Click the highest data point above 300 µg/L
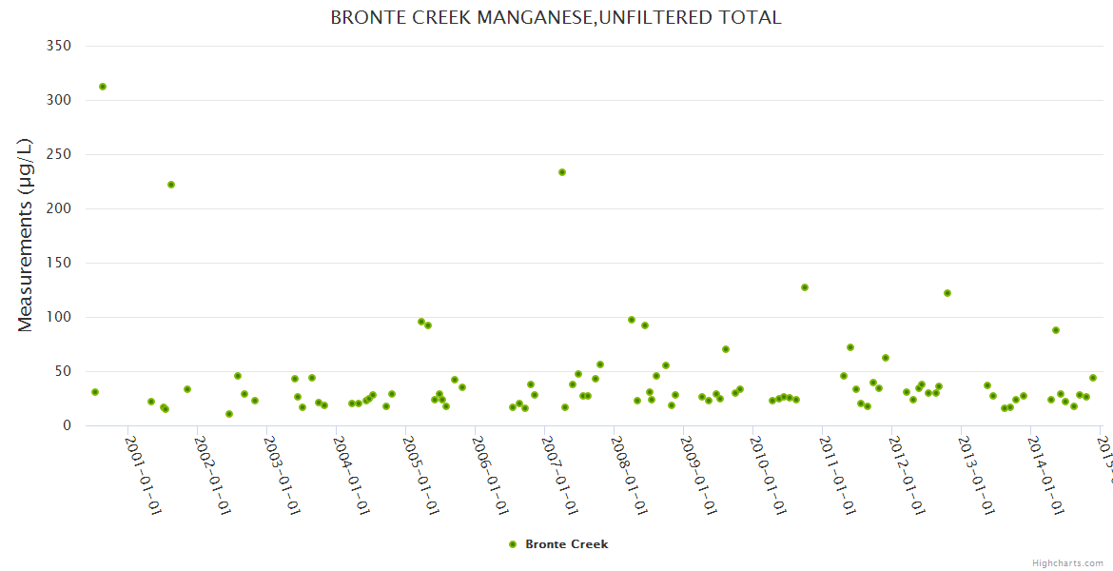click(x=103, y=87)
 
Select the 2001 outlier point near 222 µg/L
click(x=171, y=185)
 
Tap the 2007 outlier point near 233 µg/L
click(x=562, y=172)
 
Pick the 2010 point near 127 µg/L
click(x=805, y=287)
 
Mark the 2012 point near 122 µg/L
click(x=947, y=293)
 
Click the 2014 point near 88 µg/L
click(x=1056, y=330)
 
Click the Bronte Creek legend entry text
click(x=566, y=544)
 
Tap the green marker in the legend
click(x=513, y=544)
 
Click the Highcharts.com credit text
click(x=1067, y=562)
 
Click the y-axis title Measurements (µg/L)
click(x=26, y=235)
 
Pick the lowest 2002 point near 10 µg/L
click(x=229, y=414)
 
